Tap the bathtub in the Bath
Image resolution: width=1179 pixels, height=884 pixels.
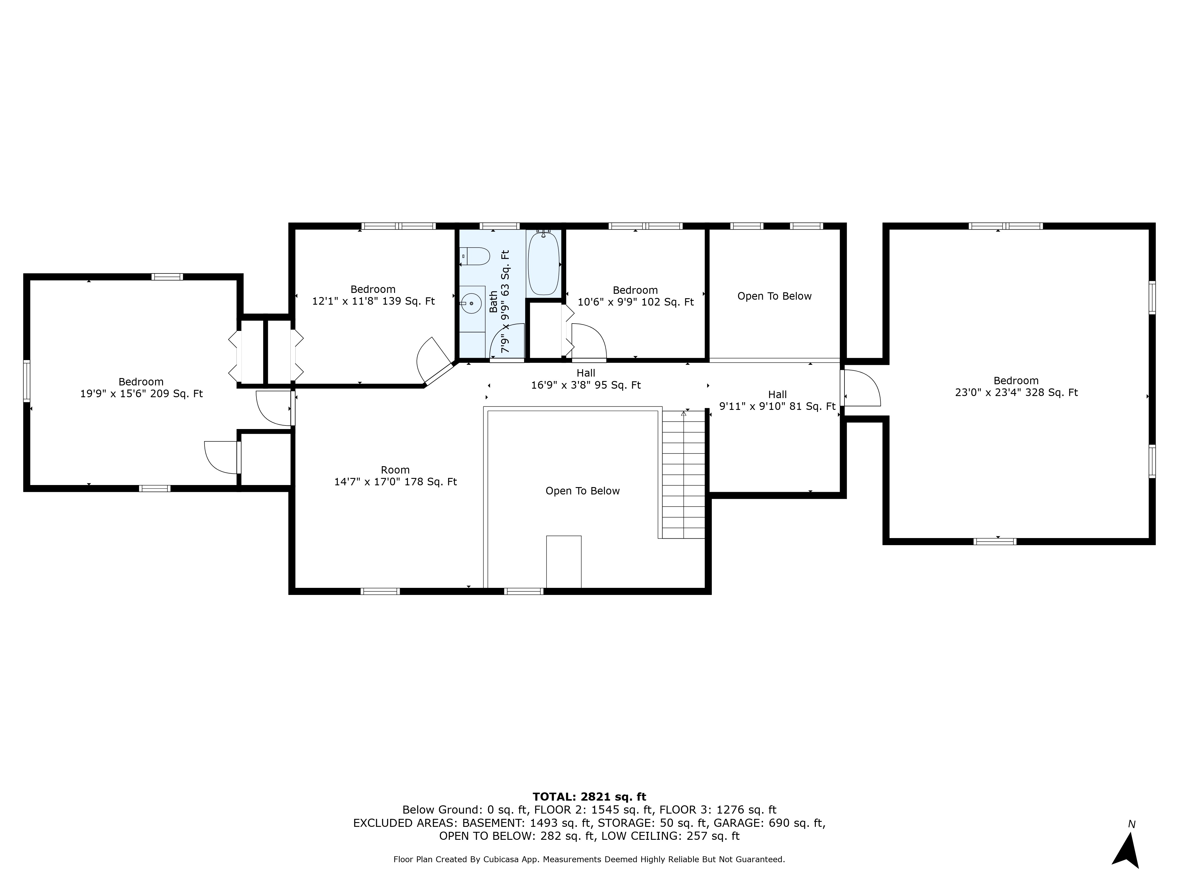(x=543, y=263)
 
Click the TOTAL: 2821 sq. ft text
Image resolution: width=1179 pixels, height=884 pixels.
(x=589, y=796)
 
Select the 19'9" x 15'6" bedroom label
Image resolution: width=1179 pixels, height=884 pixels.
(x=141, y=388)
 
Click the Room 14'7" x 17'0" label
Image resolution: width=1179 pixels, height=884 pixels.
(x=395, y=476)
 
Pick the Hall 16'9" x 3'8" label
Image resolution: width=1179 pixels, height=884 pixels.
(x=585, y=380)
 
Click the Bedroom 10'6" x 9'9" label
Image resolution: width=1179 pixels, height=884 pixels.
(x=635, y=296)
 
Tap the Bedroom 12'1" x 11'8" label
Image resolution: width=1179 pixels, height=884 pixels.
(x=373, y=295)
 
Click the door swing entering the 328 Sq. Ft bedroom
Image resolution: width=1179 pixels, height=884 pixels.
(x=861, y=388)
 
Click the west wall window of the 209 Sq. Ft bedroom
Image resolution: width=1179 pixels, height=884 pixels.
(x=27, y=380)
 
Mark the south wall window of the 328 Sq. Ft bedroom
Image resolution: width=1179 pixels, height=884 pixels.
(x=994, y=541)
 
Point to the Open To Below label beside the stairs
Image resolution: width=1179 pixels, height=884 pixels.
(x=582, y=491)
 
